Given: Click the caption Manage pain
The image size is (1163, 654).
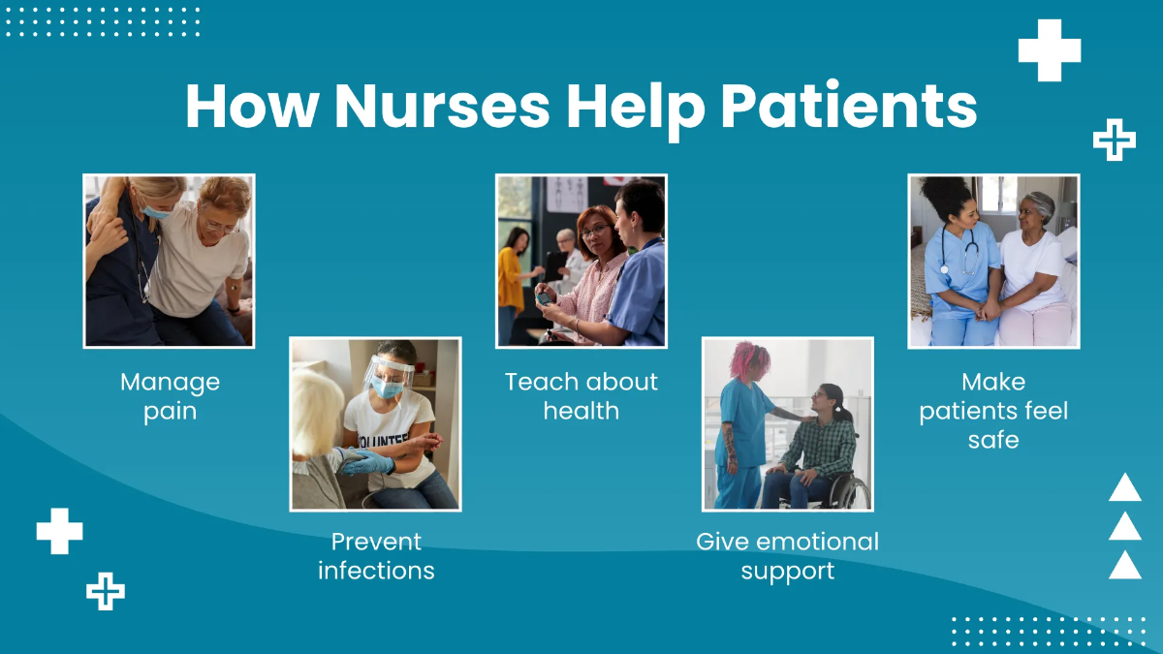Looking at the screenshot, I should [170, 396].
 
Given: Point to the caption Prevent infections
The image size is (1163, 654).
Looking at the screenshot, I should [376, 555].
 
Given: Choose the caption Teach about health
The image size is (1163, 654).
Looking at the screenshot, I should [581, 396].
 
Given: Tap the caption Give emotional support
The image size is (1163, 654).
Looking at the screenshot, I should [787, 555].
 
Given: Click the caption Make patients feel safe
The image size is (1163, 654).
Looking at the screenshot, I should [993, 411].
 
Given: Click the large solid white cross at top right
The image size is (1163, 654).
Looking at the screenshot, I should [1049, 50].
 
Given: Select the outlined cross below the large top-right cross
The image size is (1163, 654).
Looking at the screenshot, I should [1115, 141].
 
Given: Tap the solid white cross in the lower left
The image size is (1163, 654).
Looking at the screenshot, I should [59, 531].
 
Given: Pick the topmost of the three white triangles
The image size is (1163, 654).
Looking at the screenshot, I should [1124, 487].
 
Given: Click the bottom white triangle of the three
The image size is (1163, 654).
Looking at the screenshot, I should [1124, 565].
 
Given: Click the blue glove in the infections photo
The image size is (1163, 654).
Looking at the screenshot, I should [369, 464].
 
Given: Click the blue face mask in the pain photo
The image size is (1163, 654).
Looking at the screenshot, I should [155, 210].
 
